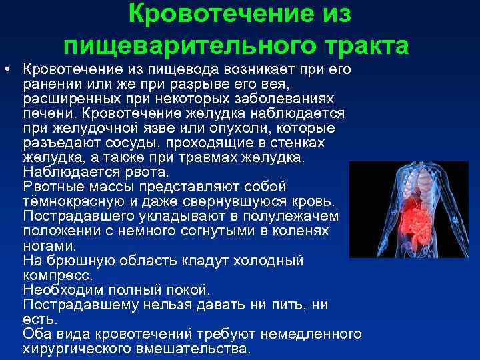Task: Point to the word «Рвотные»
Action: point(53,186)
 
